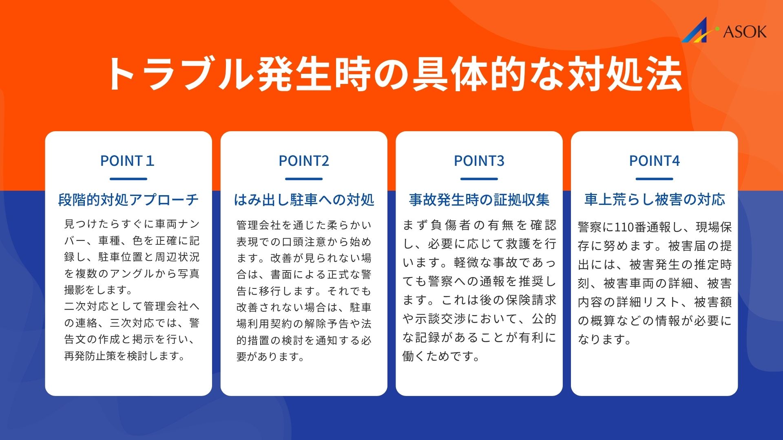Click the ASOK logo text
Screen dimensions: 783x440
pos(745,32)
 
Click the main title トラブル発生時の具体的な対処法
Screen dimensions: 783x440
pos(394,74)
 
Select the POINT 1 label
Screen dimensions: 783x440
pos(128,161)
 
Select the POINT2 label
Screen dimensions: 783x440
pos(304,161)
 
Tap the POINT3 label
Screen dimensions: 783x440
pos(479,161)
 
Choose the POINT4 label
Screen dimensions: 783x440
pos(655,161)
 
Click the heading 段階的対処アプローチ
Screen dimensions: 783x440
pos(128,200)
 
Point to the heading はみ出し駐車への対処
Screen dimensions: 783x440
pos(304,200)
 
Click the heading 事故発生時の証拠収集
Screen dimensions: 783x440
pos(479,200)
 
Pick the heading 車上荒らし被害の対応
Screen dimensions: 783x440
pos(655,200)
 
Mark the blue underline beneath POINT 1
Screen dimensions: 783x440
pos(128,179)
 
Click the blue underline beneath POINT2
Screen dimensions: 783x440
pos(304,179)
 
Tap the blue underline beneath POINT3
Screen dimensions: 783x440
pos(479,179)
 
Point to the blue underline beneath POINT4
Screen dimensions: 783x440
pos(655,179)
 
